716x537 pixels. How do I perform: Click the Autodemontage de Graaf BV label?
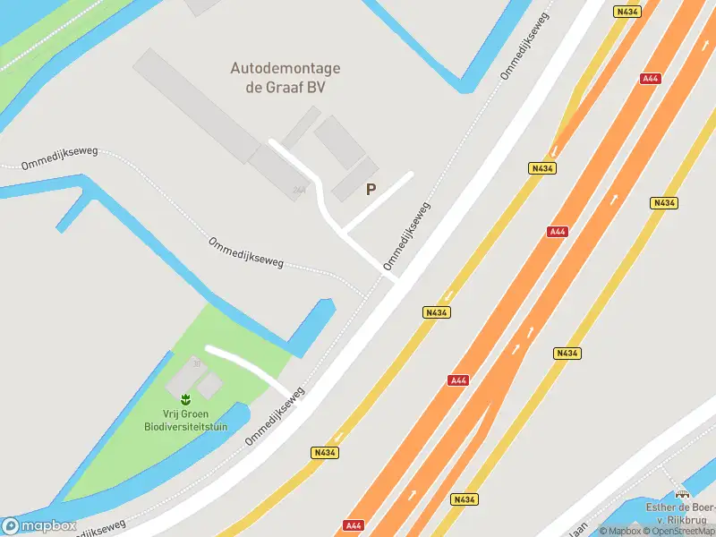pyautogui.click(x=286, y=78)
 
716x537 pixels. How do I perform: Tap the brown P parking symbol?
pyautogui.click(x=371, y=189)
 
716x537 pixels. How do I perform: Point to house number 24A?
pyautogui.click(x=299, y=190)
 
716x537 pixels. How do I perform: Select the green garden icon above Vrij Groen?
pyautogui.click(x=185, y=398)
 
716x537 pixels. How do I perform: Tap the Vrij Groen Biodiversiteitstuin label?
pyautogui.click(x=185, y=420)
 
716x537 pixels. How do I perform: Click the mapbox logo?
pyautogui.click(x=38, y=526)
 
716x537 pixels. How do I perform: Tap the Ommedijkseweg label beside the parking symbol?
pyautogui.click(x=407, y=235)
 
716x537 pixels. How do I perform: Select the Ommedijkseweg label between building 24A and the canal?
pyautogui.click(x=246, y=253)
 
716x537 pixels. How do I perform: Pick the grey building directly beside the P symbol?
pyautogui.click(x=354, y=179)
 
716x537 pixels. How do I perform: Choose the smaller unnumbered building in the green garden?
pyautogui.click(x=209, y=386)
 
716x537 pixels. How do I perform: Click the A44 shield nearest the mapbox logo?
pyautogui.click(x=354, y=524)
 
